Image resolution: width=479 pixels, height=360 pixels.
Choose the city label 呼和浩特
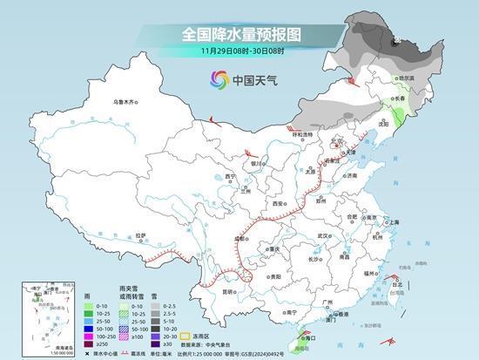pos(302,134)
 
